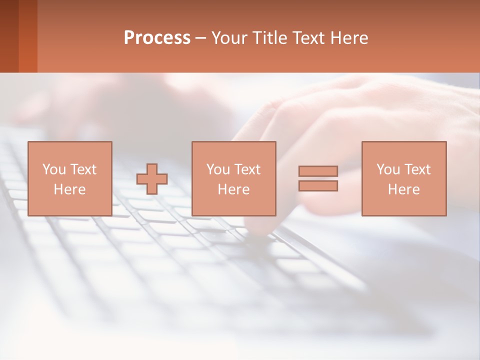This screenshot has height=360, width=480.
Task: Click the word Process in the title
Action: pyautogui.click(x=157, y=38)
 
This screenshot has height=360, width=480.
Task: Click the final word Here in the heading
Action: pyautogui.click(x=348, y=38)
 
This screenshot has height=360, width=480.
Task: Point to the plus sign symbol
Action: pyautogui.click(x=152, y=179)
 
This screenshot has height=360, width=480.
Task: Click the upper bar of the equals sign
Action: pyautogui.click(x=318, y=171)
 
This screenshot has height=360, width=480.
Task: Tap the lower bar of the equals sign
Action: pyautogui.click(x=318, y=186)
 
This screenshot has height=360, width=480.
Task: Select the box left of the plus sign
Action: pyautogui.click(x=69, y=178)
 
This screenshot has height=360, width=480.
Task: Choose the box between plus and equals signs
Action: pyautogui.click(x=233, y=178)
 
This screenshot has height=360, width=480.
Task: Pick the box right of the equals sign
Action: pyautogui.click(x=403, y=178)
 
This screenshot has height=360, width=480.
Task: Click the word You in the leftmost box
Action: pyautogui.click(x=54, y=169)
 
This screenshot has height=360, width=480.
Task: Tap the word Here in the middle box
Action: pyautogui.click(x=233, y=189)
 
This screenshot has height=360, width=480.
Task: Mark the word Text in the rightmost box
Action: pyautogui.click(x=417, y=169)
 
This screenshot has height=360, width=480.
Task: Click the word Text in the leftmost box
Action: pyautogui.click(x=83, y=169)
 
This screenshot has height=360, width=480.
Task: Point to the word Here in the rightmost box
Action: pyautogui.click(x=403, y=189)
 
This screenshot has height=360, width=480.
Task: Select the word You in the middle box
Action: pyautogui.click(x=218, y=169)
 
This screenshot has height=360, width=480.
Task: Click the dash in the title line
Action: pyautogui.click(x=200, y=38)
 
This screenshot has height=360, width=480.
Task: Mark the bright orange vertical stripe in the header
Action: pyautogui.click(x=28, y=36)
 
